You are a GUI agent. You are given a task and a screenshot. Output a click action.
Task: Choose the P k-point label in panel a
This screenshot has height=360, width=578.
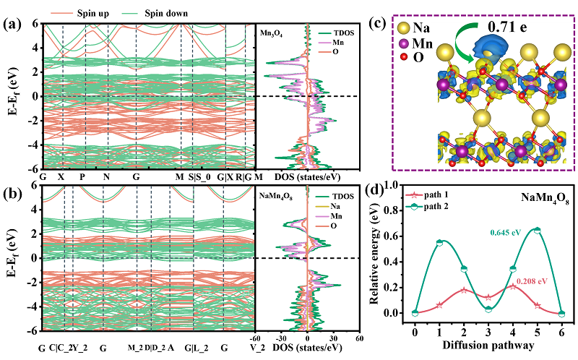[85, 176]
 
